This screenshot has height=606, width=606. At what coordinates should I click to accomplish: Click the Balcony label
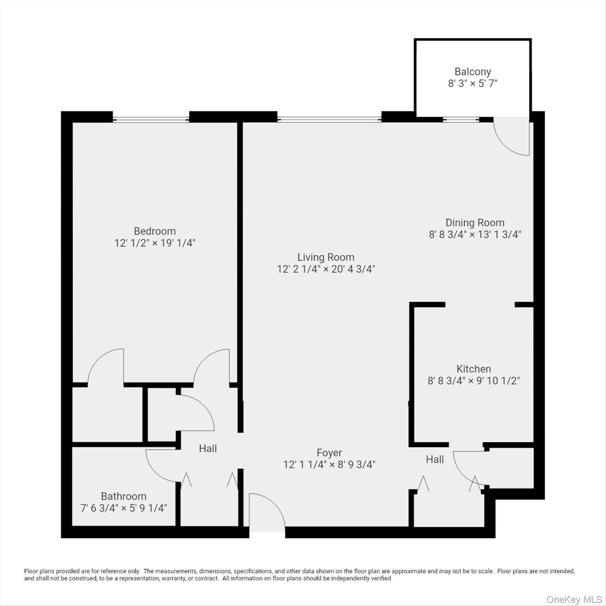click(473, 72)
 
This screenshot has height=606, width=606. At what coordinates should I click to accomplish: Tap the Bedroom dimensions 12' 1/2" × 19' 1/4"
click(155, 243)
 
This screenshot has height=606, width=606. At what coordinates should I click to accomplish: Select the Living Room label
click(326, 257)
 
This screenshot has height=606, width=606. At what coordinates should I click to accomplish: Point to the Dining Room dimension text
click(475, 234)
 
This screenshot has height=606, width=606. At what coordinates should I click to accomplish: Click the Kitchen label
click(473, 369)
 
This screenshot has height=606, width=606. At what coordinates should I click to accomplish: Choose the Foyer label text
click(329, 453)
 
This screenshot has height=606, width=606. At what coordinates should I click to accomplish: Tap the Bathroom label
click(123, 496)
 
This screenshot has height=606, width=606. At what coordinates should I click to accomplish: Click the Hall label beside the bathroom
click(208, 449)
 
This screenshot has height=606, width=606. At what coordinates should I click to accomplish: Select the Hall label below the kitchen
click(435, 459)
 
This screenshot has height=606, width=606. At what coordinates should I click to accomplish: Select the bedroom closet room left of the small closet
click(107, 414)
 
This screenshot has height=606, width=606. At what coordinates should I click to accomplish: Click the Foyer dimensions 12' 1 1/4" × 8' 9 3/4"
click(329, 465)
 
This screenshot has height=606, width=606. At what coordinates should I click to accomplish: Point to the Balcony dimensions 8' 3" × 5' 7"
click(473, 84)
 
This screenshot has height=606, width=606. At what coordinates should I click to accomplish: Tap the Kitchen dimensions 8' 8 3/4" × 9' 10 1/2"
click(473, 381)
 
